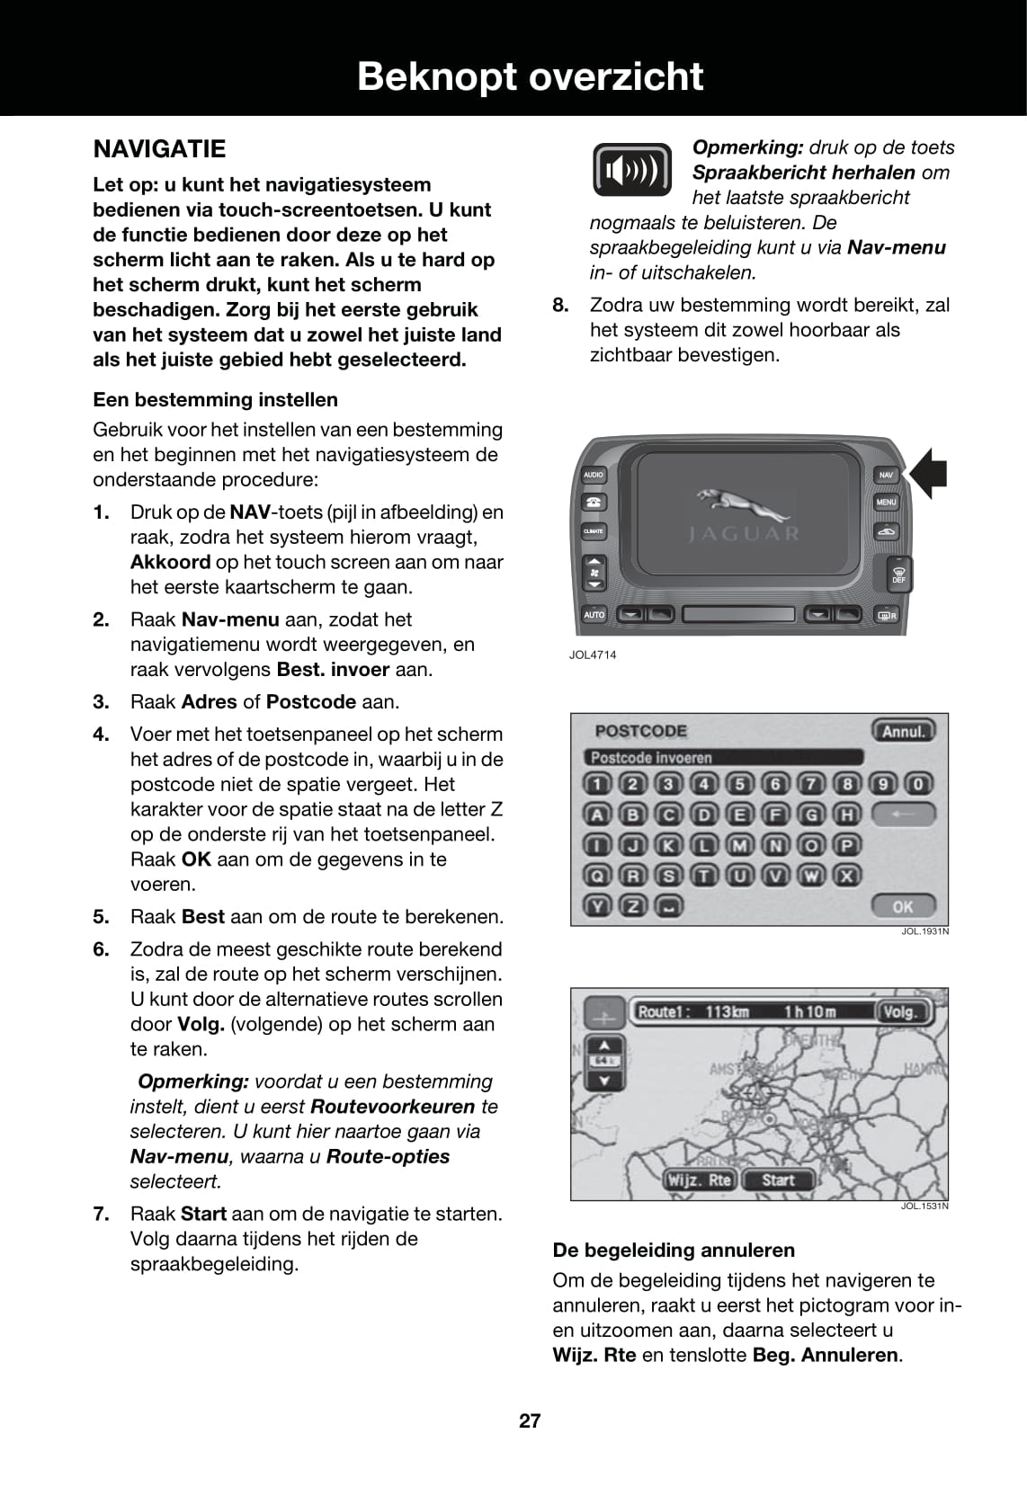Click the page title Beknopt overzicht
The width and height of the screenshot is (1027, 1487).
[530, 76]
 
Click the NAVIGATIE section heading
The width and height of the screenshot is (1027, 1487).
[159, 149]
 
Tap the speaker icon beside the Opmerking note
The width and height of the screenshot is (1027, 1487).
[632, 170]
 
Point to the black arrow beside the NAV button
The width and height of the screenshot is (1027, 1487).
[928, 474]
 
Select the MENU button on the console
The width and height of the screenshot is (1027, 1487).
[886, 503]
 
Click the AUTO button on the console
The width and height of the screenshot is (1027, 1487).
[594, 615]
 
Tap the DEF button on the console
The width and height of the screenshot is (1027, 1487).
[898, 574]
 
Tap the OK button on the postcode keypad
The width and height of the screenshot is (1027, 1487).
[902, 906]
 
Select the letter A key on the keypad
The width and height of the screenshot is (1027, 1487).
[596, 815]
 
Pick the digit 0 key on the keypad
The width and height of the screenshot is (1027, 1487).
[917, 784]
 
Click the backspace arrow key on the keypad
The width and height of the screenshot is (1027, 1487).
[902, 815]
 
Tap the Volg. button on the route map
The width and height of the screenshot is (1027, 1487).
[898, 1012]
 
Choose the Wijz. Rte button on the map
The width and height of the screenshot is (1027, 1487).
[699, 1180]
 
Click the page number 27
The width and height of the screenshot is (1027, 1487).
[530, 1420]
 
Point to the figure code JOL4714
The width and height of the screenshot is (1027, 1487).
[593, 654]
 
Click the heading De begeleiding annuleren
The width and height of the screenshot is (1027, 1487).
[674, 1250]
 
